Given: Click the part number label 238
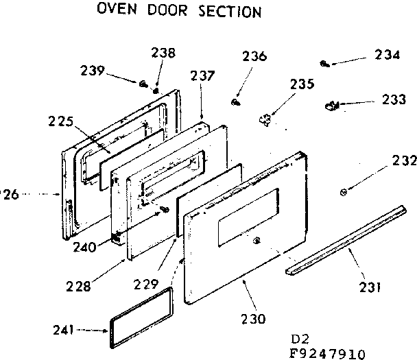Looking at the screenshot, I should [164, 53].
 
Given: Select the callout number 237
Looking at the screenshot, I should [202, 76].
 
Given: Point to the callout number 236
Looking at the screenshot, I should [254, 57].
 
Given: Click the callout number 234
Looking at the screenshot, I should [388, 56].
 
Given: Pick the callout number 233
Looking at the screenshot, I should [393, 99].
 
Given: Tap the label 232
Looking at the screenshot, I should [403, 162].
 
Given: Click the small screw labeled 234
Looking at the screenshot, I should [324, 64].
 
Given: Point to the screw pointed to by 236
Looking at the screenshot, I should [235, 102].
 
